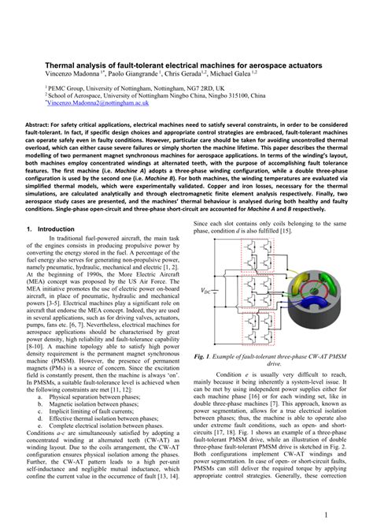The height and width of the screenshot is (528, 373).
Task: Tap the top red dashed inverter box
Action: (244, 265)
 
